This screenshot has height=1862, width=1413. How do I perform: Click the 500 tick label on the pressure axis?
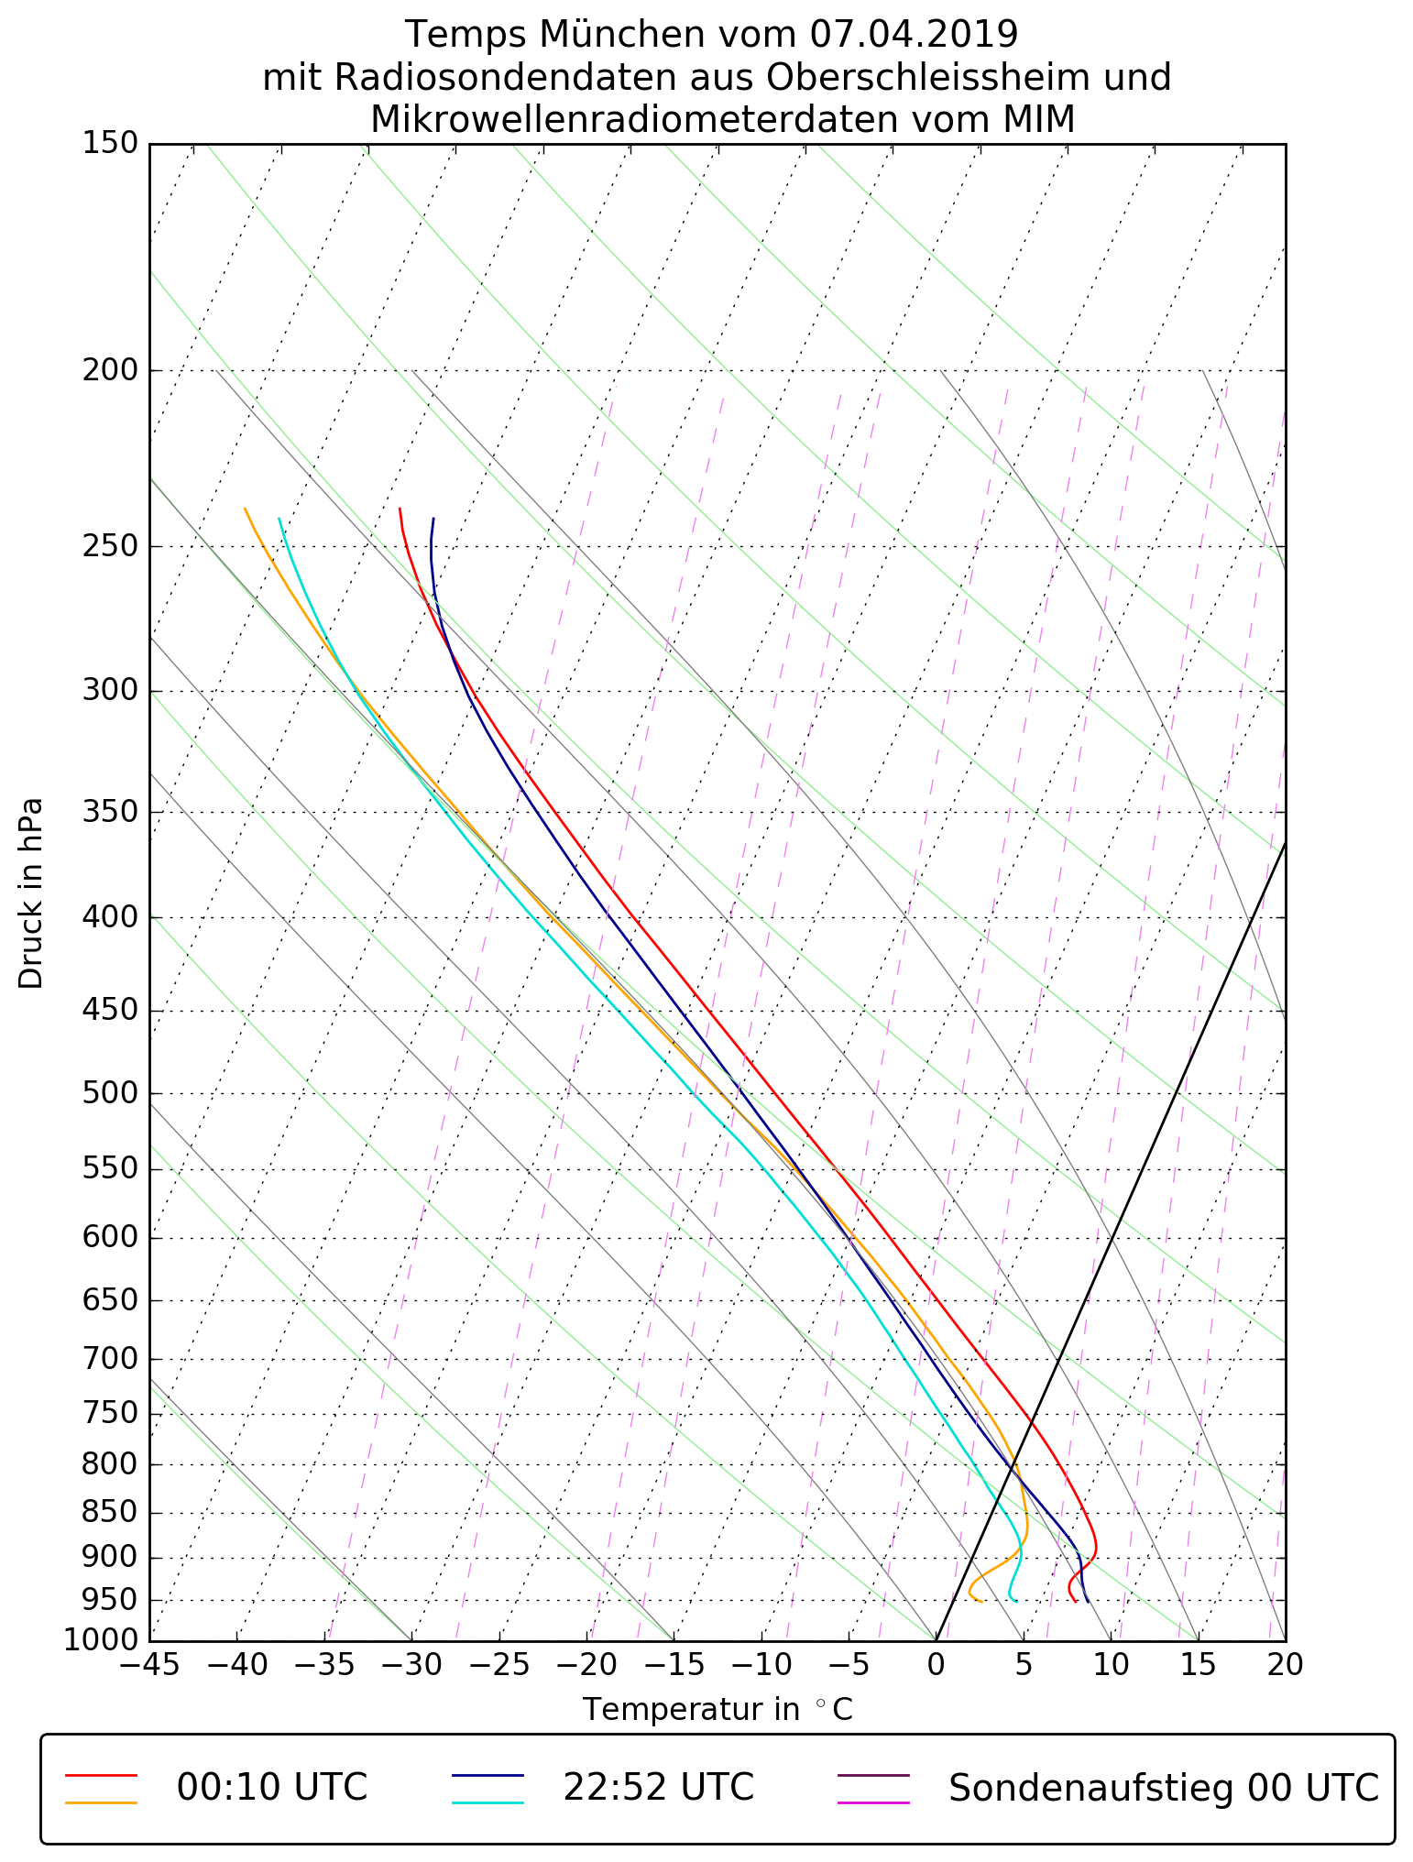pos(110,1094)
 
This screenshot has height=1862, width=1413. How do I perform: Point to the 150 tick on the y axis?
pos(110,144)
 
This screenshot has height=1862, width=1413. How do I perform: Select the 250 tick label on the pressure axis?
pos(110,547)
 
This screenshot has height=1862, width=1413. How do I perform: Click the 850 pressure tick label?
pos(110,1513)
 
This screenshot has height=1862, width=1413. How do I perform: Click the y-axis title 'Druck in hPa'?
pos(31,893)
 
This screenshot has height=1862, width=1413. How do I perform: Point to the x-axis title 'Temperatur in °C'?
pos(717,1710)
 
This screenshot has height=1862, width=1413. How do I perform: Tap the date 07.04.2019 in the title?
pos(914,35)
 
